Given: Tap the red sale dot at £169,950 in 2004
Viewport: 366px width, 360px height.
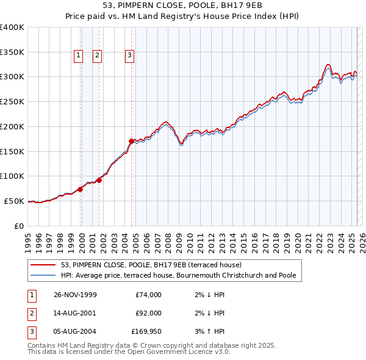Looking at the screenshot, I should [131, 141].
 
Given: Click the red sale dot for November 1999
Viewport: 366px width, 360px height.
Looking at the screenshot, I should [81, 189].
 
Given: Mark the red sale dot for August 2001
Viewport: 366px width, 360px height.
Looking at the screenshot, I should [99, 180].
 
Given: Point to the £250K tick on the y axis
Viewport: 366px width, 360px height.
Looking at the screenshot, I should [12, 101].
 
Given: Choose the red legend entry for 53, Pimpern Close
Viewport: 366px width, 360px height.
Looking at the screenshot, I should [151, 265].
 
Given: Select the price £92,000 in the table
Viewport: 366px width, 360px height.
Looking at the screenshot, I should [148, 313].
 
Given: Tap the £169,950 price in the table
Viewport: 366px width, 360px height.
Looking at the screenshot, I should [146, 331].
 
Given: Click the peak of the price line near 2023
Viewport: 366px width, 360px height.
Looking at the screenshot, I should [328, 64].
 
